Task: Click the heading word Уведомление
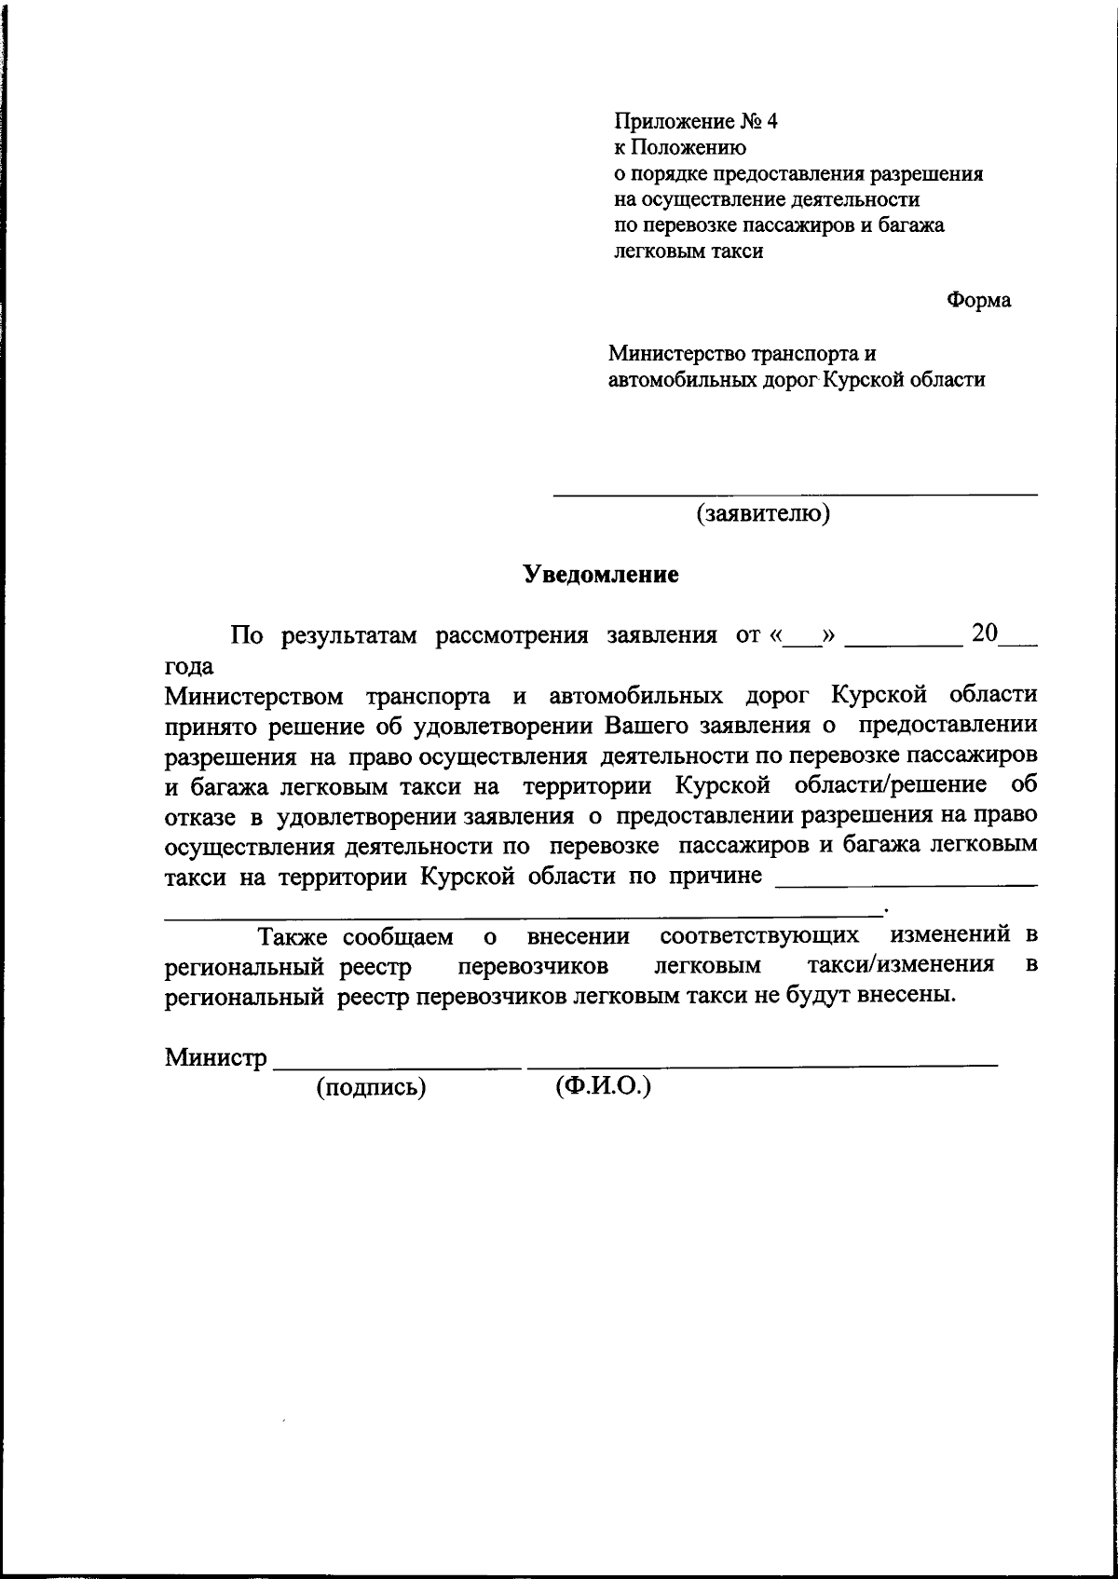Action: click(x=600, y=575)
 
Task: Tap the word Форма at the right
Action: click(x=978, y=301)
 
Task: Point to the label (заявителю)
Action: click(x=763, y=513)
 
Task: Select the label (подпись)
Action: click(x=371, y=1087)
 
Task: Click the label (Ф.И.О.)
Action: click(x=602, y=1086)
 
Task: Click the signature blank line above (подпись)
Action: click(x=398, y=1065)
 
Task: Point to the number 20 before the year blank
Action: click(x=985, y=633)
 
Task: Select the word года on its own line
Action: click(x=189, y=667)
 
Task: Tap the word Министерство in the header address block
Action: click(x=679, y=354)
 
